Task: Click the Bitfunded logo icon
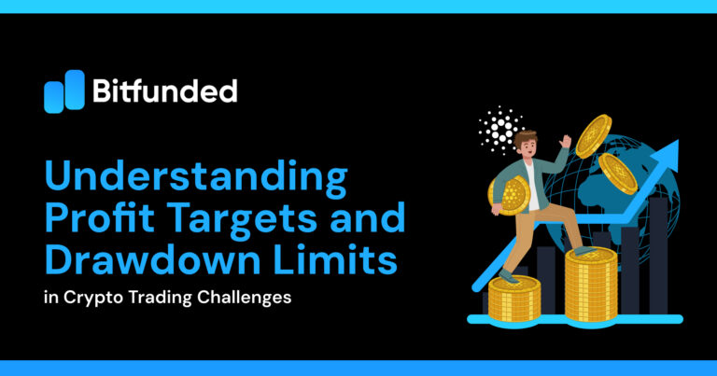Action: [x=63, y=91]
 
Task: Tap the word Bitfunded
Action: [x=165, y=91]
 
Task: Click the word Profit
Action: [x=105, y=220]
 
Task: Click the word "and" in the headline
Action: [x=373, y=220]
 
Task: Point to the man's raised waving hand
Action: [x=565, y=142]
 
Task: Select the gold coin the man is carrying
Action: [x=512, y=194]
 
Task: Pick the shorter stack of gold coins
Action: [x=515, y=299]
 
